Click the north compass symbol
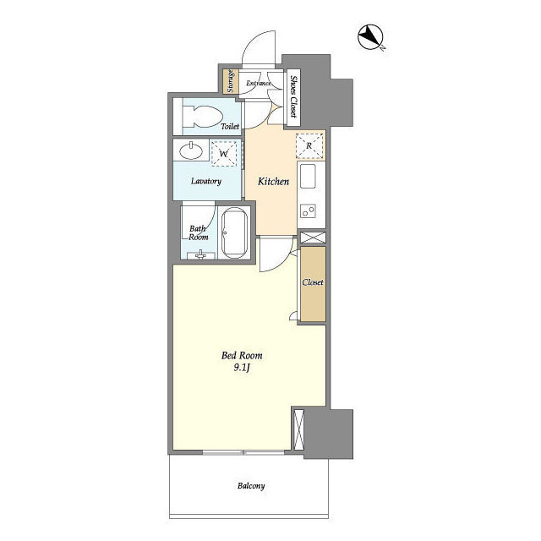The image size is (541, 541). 370,38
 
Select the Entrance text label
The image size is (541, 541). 259,84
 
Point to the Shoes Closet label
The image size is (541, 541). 292,95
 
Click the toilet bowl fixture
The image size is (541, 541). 200,117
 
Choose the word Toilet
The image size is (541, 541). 229,127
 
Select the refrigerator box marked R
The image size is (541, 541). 309,146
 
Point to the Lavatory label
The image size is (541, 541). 205,182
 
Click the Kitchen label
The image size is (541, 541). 273,182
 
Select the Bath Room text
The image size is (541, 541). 199,233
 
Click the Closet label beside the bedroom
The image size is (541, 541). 313,282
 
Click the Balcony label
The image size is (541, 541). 250,486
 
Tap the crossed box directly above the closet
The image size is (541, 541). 313,238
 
